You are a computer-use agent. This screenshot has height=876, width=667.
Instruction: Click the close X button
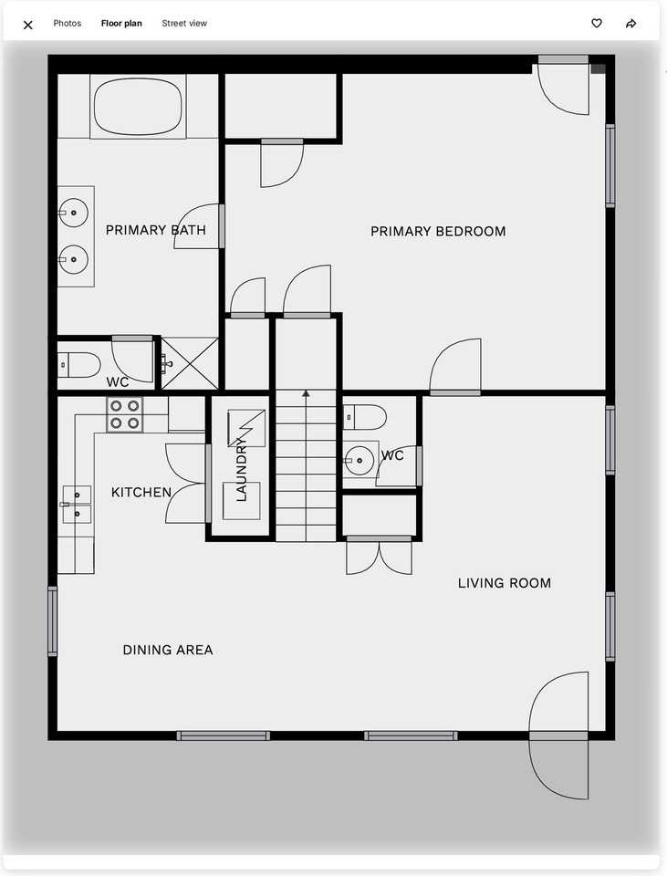tap(27, 25)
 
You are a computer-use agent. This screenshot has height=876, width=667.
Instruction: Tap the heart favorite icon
tap(597, 24)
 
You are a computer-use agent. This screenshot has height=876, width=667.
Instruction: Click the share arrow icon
tap(631, 24)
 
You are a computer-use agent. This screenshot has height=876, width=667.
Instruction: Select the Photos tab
tap(68, 24)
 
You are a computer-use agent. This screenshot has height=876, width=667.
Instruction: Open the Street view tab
tap(184, 24)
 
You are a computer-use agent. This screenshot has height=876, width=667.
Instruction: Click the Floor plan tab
tap(121, 24)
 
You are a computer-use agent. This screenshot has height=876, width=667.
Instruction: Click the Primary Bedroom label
tap(438, 232)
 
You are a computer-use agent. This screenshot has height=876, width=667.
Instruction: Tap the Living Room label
tap(504, 583)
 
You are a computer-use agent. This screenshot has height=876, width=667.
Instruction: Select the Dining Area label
tap(168, 651)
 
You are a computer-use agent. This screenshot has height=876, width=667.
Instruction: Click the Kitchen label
tap(141, 493)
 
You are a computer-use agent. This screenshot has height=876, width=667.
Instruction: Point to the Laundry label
tap(242, 469)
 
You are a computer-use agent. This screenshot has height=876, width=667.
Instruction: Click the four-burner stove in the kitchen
tap(125, 414)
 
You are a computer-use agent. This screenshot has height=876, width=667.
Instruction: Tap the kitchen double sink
tap(77, 505)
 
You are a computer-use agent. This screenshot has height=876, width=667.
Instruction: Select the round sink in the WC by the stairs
tap(360, 459)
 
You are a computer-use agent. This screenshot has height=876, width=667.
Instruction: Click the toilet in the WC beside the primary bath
tap(79, 365)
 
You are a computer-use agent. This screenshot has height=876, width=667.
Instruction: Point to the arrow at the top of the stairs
tap(307, 394)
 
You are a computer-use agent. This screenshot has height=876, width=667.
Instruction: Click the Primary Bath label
tap(155, 230)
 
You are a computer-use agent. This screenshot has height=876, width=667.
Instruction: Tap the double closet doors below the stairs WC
tap(380, 557)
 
